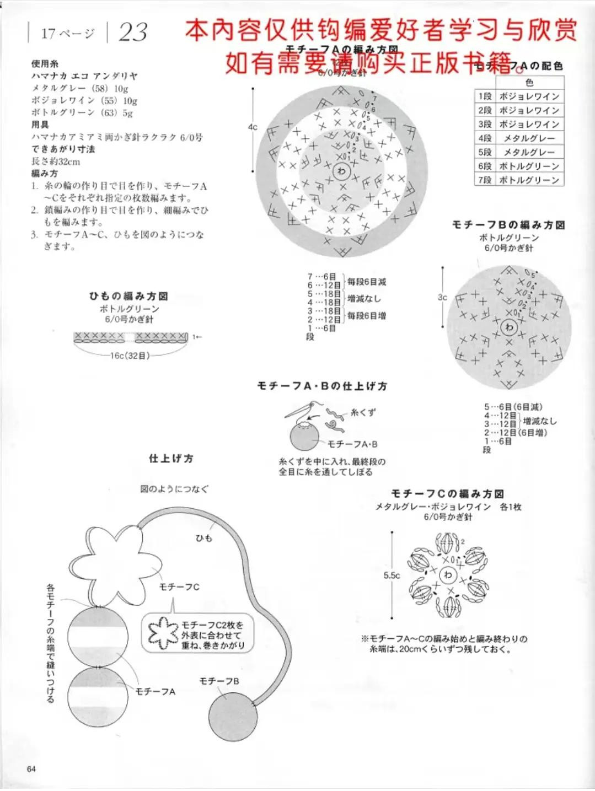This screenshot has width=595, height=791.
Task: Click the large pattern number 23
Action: pyautogui.click(x=133, y=33)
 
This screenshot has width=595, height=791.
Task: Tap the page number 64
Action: pyautogui.click(x=31, y=769)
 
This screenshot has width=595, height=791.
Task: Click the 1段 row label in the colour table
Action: pyautogui.click(x=485, y=96)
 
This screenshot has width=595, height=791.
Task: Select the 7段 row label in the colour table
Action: pyautogui.click(x=485, y=180)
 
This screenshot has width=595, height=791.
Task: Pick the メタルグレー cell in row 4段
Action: pyautogui.click(x=529, y=138)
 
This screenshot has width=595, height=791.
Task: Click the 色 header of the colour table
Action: pyautogui.click(x=529, y=83)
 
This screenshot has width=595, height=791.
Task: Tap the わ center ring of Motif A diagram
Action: pyautogui.click(x=341, y=171)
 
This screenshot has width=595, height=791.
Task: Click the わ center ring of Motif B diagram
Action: pyautogui.click(x=508, y=327)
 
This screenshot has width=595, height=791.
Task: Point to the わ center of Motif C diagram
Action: pyautogui.click(x=448, y=575)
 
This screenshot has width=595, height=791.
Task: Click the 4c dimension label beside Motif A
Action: pyautogui.click(x=253, y=127)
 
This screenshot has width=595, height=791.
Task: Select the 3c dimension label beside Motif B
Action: pyautogui.click(x=442, y=297)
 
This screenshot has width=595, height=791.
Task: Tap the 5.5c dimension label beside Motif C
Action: pyautogui.click(x=392, y=575)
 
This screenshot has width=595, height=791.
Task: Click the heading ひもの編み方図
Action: pyautogui.click(x=128, y=296)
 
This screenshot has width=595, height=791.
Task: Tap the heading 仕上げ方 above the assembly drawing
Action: pyautogui.click(x=171, y=459)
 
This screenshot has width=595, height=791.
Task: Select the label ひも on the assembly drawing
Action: pyautogui.click(x=203, y=537)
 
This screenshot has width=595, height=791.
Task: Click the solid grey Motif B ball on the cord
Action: pyautogui.click(x=233, y=715)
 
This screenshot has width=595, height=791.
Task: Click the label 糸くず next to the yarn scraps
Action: pyautogui.click(x=363, y=412)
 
